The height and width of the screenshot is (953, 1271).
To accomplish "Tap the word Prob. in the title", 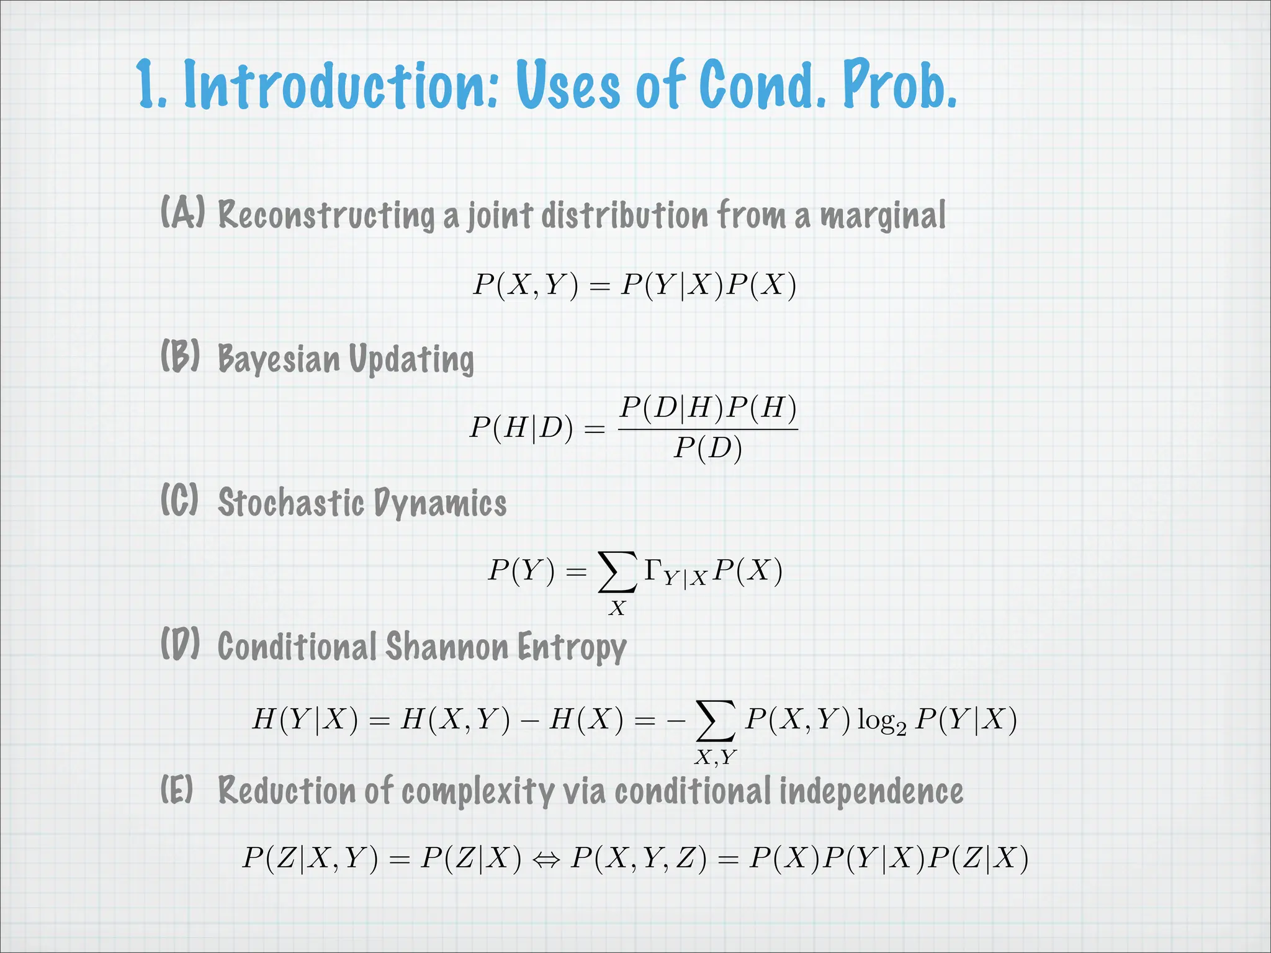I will coord(899,85).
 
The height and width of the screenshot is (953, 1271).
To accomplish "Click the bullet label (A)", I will coord(182,213).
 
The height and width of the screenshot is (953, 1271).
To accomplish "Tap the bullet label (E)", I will coord(177,789).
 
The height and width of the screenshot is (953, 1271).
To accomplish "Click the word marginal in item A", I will coord(883,216).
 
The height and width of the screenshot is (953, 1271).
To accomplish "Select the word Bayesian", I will coord(279,359).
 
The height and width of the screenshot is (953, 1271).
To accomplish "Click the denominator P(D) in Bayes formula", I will coord(708,448).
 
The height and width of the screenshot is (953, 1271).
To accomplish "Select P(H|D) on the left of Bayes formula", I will coord(521,428).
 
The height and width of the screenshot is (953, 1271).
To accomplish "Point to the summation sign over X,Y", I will coord(716,721).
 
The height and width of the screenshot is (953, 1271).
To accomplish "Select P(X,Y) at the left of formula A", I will coord(525,285).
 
